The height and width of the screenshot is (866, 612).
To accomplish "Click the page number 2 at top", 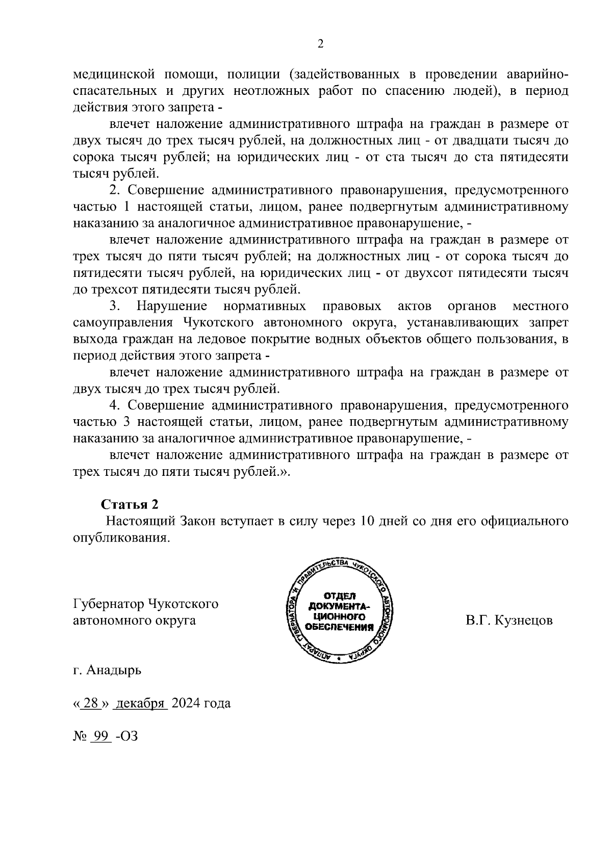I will point(320,44).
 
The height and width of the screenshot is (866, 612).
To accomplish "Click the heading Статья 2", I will point(130,504).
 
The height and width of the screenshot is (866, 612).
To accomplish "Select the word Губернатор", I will point(108,604).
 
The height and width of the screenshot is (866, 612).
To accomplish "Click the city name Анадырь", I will point(114,670).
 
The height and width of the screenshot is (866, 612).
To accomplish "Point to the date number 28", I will point(90,703).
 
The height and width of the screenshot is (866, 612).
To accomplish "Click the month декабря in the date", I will point(140,703).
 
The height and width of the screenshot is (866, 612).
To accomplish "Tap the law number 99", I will point(100,736).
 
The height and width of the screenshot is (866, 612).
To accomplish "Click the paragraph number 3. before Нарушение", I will point(115,306).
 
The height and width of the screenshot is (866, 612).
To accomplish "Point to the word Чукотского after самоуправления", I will point(219,323).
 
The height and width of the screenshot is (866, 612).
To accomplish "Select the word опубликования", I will point(120,538).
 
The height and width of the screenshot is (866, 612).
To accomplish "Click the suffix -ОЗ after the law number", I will point(127,736).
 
